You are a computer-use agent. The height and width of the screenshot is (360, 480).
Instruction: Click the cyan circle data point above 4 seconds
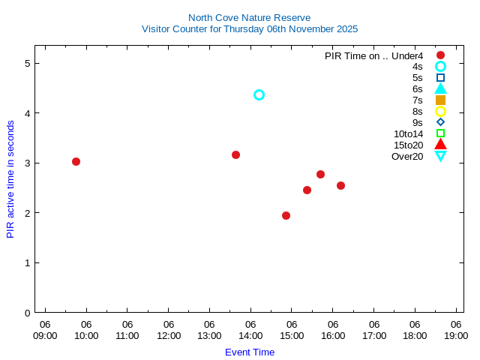259,94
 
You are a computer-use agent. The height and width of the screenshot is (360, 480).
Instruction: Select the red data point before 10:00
76,161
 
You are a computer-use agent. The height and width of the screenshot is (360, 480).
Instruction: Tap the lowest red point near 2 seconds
286,215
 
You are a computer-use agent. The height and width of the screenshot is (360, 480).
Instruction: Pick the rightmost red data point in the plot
340,185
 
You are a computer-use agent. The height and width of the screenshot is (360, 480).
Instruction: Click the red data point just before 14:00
235,154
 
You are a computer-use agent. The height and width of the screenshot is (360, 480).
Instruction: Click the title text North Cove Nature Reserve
249,17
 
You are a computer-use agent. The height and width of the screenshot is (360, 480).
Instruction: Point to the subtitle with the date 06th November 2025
249,29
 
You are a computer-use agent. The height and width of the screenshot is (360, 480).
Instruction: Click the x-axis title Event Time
249,352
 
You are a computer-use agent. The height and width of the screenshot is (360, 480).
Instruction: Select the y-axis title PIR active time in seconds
10,179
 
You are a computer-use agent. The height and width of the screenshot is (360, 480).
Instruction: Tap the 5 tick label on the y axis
26,63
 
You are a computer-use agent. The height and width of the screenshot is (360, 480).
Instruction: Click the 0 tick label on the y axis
26,313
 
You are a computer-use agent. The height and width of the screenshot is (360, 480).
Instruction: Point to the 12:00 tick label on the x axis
168,335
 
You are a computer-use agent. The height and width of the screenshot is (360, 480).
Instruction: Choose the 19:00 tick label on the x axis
455,335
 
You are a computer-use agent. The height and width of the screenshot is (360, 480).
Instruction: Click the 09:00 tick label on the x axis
45,335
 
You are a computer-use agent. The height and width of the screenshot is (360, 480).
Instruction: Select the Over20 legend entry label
407,156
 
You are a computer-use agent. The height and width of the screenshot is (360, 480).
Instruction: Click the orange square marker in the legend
440,100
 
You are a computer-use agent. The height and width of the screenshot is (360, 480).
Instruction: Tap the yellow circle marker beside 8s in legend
440,111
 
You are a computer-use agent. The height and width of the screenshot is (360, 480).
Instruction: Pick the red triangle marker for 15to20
440,145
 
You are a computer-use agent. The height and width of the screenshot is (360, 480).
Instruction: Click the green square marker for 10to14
440,133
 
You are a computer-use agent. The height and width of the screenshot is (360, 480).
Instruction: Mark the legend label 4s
417,66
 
